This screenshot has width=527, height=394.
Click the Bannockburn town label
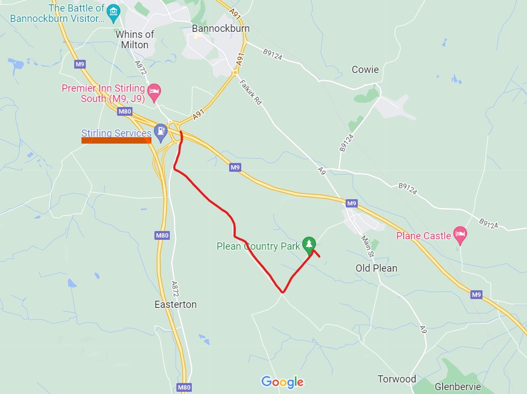pyautogui.click(x=220, y=29)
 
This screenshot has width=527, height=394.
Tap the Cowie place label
pyautogui.click(x=365, y=70)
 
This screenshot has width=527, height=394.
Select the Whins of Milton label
pyautogui.click(x=135, y=40)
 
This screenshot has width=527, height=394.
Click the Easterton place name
pyautogui.click(x=175, y=305)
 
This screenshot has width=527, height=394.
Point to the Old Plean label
pyautogui.click(x=376, y=268)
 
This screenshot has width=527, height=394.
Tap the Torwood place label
pyautogui.click(x=397, y=379)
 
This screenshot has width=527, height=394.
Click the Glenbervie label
pyautogui.click(x=458, y=387)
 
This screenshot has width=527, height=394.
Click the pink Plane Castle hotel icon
pyautogui.click(x=459, y=234)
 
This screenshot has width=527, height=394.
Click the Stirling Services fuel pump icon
pyautogui.click(x=160, y=131)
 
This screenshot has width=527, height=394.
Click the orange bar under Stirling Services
pyautogui.click(x=116, y=140)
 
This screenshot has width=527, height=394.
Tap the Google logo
pyautogui.click(x=282, y=382)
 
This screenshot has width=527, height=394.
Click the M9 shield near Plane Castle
pyautogui.click(x=476, y=295)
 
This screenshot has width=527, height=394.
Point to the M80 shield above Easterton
pyautogui.click(x=162, y=235)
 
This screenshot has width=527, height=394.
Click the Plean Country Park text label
pyautogui.click(x=258, y=246)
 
